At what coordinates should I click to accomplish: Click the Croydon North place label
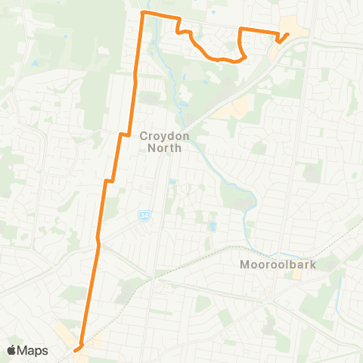160,142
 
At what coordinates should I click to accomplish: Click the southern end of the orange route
76,349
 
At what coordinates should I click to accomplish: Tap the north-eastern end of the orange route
289,33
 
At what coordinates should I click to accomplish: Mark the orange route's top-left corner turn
144,14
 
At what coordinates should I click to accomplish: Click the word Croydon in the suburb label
160,137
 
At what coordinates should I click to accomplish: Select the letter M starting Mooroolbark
243,265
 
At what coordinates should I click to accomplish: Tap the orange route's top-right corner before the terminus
241,29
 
